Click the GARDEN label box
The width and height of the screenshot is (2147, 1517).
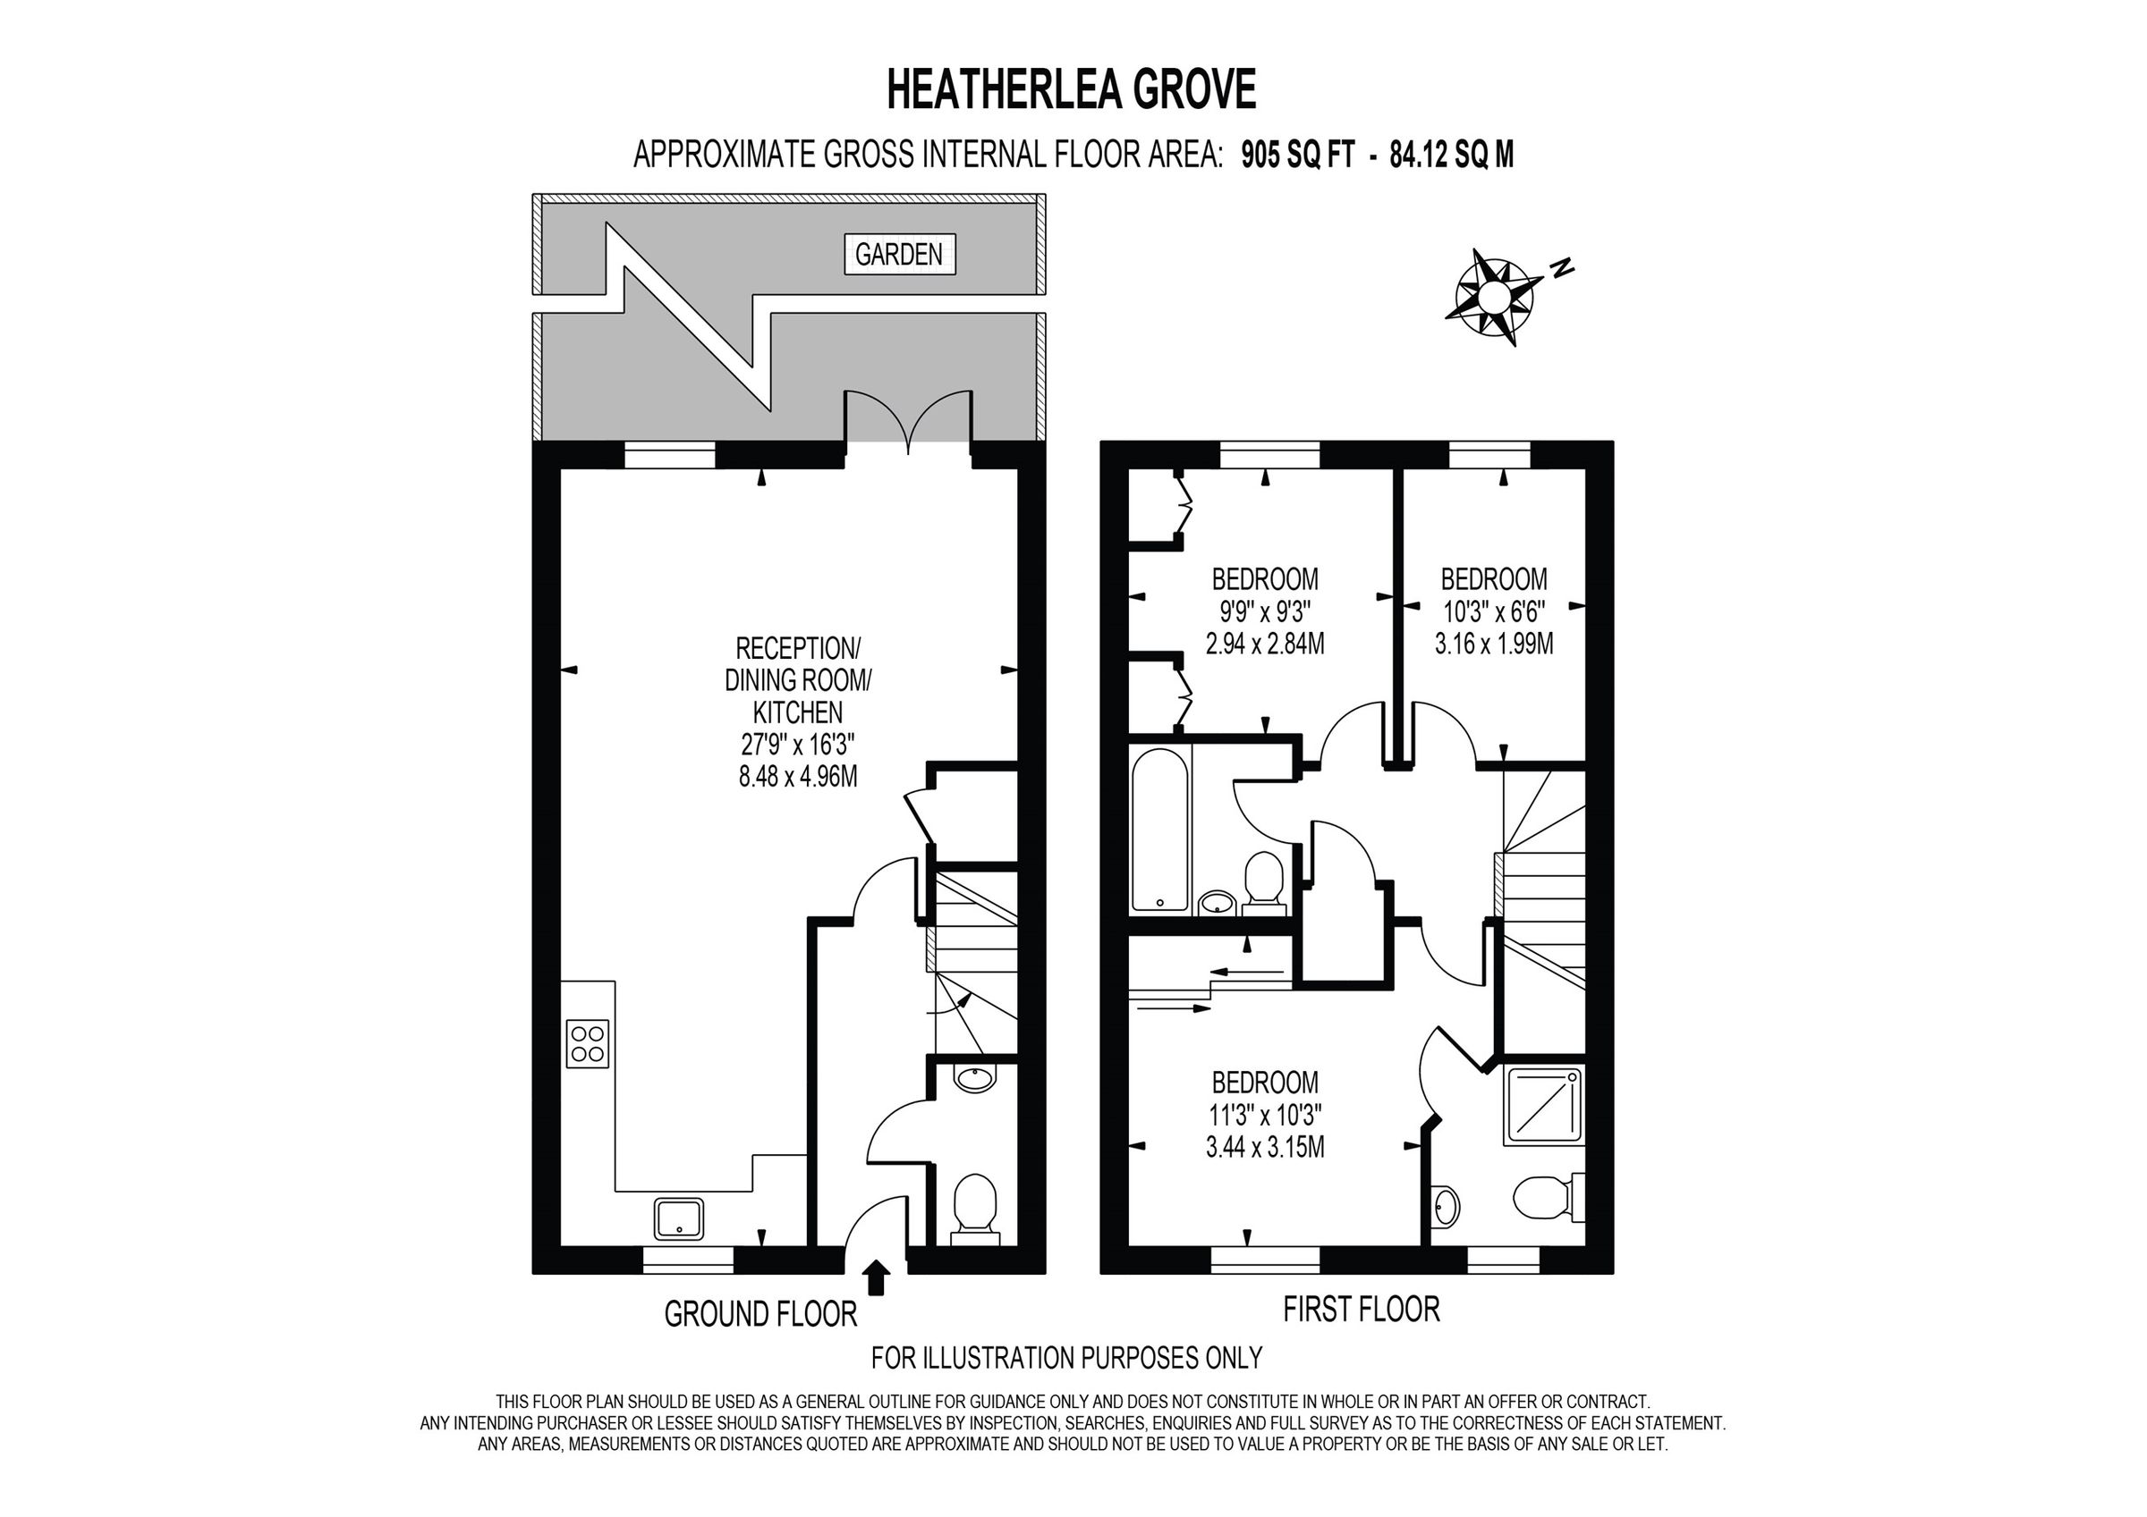point(899,254)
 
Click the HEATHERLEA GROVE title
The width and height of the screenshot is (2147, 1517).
point(1071,90)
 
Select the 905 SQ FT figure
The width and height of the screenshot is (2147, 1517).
point(1298,156)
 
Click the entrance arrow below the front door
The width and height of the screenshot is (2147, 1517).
point(875,1277)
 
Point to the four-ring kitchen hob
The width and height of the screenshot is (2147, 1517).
point(588,1043)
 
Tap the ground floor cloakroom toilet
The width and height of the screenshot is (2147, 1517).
point(974,1207)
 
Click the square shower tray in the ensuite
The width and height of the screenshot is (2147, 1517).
point(1543,1107)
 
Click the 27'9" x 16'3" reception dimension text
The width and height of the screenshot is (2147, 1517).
point(798,745)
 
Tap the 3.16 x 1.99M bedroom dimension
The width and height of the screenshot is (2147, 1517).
point(1493,644)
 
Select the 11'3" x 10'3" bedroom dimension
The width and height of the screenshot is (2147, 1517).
point(1264,1115)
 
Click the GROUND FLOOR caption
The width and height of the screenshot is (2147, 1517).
point(760,1314)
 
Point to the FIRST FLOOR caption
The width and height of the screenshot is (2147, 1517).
point(1361,1310)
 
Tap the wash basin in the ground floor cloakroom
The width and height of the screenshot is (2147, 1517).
point(975,1079)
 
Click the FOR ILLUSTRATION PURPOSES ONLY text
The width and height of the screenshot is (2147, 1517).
point(1066,1357)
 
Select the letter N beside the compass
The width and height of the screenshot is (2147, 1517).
point(1562,268)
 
